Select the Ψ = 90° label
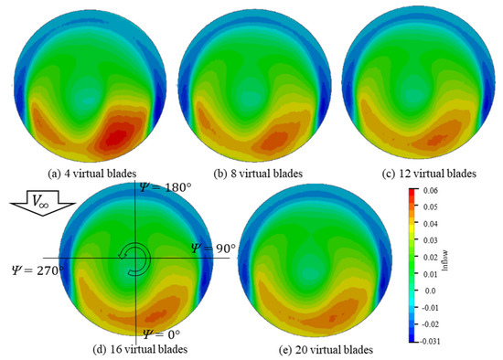[212, 248]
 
